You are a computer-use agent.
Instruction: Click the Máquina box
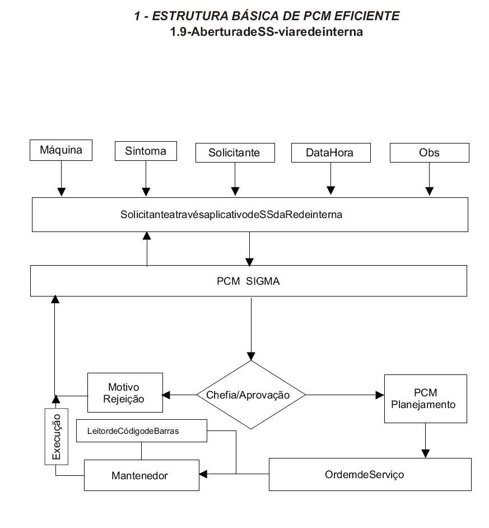click(x=61, y=150)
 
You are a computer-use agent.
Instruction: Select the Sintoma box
click(x=146, y=151)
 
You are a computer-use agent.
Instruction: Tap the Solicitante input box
click(x=235, y=152)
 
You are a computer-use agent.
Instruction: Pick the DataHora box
click(x=331, y=152)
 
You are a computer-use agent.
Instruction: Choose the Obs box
click(x=430, y=152)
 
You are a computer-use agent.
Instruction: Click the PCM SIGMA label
click(x=248, y=281)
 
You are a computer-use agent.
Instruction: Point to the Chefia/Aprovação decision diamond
click(x=251, y=395)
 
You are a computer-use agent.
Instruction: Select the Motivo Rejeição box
click(x=125, y=392)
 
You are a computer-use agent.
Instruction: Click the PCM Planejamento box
click(x=425, y=399)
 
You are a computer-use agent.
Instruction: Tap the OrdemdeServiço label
click(x=364, y=474)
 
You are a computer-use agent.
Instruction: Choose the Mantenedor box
click(x=141, y=475)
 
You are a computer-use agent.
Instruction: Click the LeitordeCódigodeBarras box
click(x=141, y=430)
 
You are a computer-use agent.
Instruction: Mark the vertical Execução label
click(x=57, y=437)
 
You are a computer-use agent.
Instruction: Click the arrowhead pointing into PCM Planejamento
click(x=380, y=395)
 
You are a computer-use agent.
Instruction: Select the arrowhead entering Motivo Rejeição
click(x=166, y=395)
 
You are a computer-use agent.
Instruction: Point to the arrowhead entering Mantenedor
click(x=203, y=474)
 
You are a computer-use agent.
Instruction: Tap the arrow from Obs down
click(x=430, y=179)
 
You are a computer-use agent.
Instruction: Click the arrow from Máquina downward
click(x=61, y=178)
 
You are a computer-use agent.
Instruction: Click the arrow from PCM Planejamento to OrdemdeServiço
click(x=425, y=441)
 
